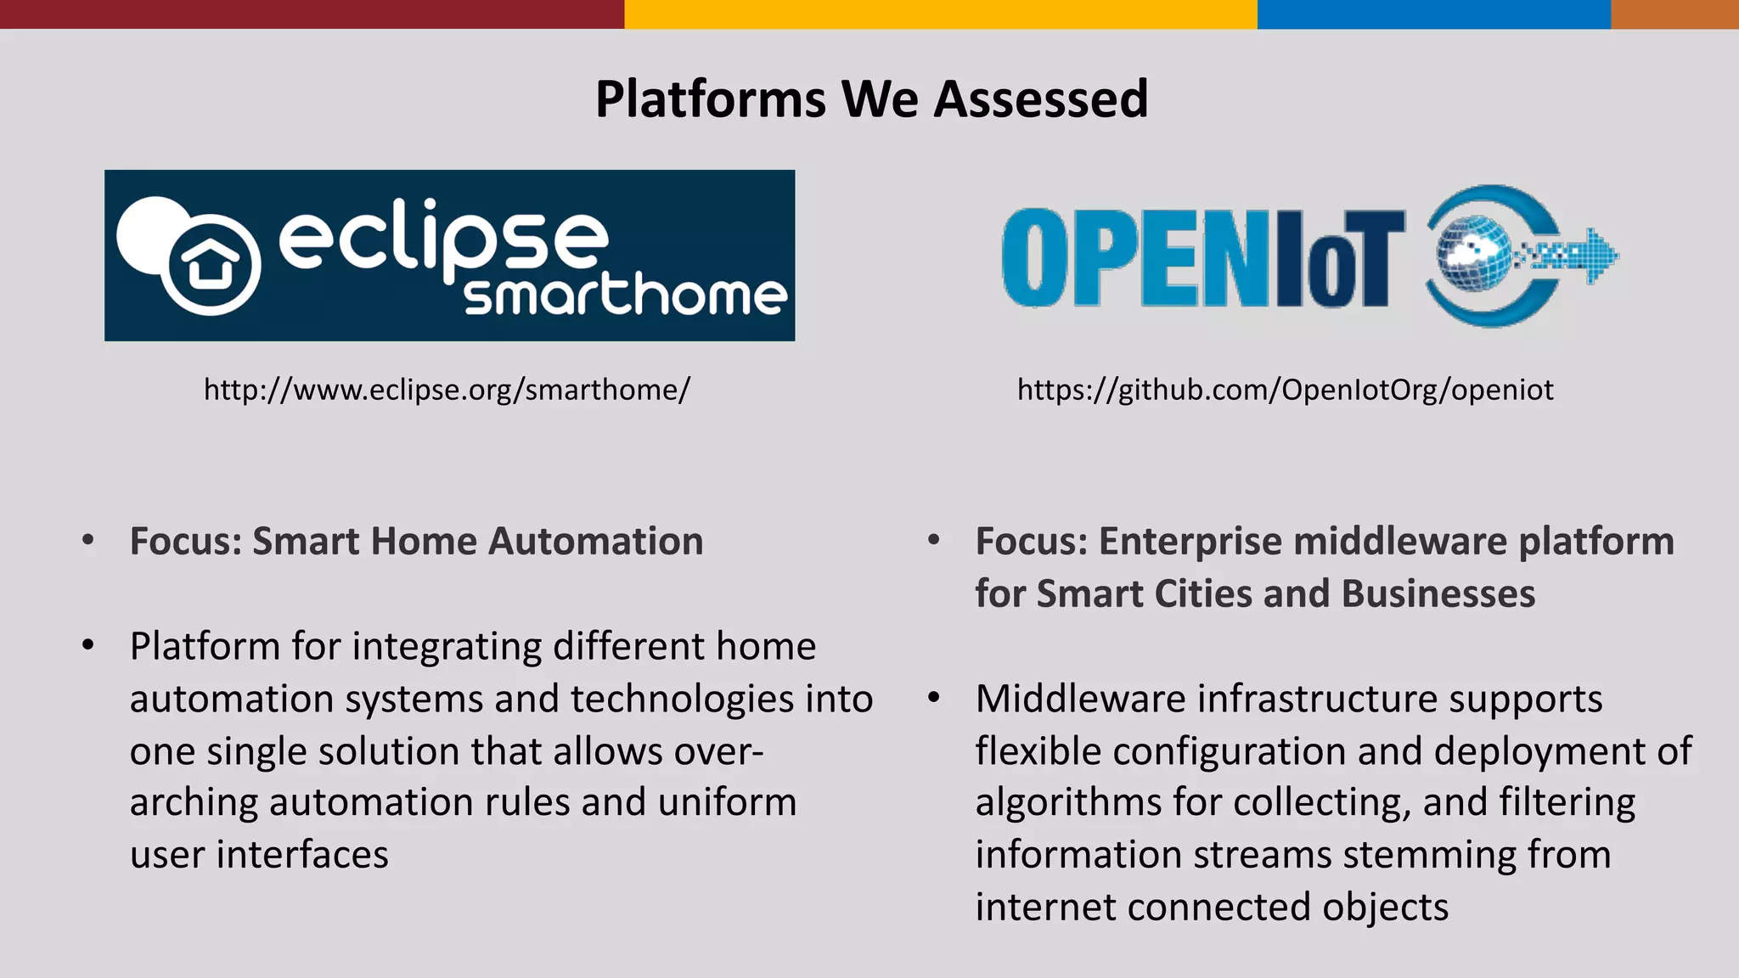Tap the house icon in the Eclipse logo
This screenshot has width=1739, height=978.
(x=210, y=263)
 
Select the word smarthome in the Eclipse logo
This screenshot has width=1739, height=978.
(x=626, y=295)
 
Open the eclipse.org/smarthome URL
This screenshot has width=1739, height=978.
(x=447, y=390)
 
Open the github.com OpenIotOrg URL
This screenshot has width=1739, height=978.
(x=1285, y=390)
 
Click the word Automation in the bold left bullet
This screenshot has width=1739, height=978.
(x=595, y=542)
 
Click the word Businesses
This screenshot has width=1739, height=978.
(x=1438, y=593)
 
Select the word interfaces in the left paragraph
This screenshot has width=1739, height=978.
(x=302, y=855)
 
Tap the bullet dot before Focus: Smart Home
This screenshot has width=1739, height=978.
(x=88, y=540)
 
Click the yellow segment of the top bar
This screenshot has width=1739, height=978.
(x=940, y=14)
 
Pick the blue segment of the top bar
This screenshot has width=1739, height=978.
(x=1433, y=14)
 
